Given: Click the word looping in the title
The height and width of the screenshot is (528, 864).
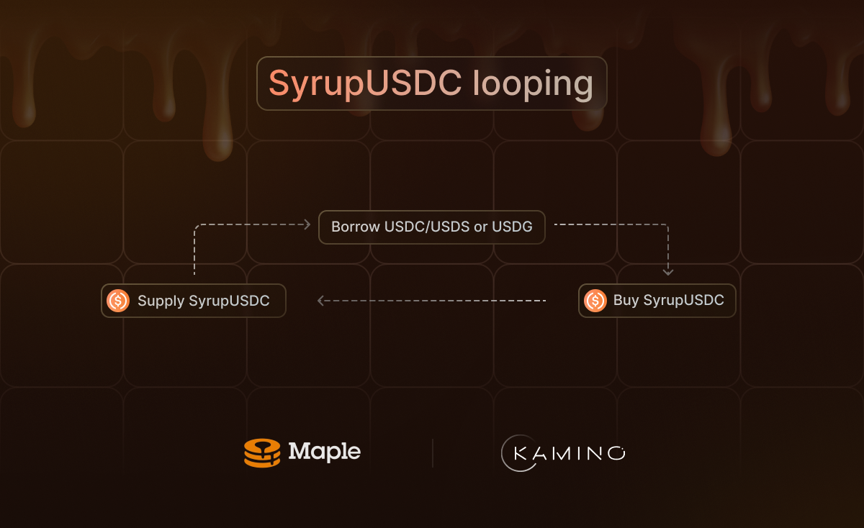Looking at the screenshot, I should click(x=533, y=85).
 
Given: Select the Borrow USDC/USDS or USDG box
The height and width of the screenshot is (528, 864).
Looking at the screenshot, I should click(x=431, y=227).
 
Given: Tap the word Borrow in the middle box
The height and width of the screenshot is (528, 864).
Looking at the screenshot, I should click(x=355, y=227).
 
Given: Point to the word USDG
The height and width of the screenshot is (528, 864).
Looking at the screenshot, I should click(x=512, y=227).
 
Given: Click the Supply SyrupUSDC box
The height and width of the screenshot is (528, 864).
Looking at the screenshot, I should click(x=194, y=301).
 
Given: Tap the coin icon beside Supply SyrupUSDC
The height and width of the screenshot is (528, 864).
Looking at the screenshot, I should click(x=117, y=301).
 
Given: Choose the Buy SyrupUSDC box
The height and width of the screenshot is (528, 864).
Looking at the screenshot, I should click(x=657, y=300).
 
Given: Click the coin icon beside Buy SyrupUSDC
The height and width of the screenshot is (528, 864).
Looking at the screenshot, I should click(x=595, y=300).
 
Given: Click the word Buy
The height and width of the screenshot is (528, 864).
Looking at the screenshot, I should click(x=626, y=300).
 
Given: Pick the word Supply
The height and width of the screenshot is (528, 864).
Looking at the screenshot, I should click(x=161, y=301).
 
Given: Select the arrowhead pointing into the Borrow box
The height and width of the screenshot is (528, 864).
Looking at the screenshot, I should click(x=307, y=224).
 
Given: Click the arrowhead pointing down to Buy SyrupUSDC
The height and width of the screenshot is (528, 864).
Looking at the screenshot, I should click(x=668, y=272).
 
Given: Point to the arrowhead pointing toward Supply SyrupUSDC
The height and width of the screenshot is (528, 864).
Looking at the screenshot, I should click(x=321, y=301).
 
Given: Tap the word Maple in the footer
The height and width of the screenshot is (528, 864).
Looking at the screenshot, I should click(x=324, y=452).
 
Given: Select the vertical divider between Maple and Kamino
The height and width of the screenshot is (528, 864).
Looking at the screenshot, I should click(x=433, y=453).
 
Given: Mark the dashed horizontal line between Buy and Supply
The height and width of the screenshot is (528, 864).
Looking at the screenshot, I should click(x=432, y=301).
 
